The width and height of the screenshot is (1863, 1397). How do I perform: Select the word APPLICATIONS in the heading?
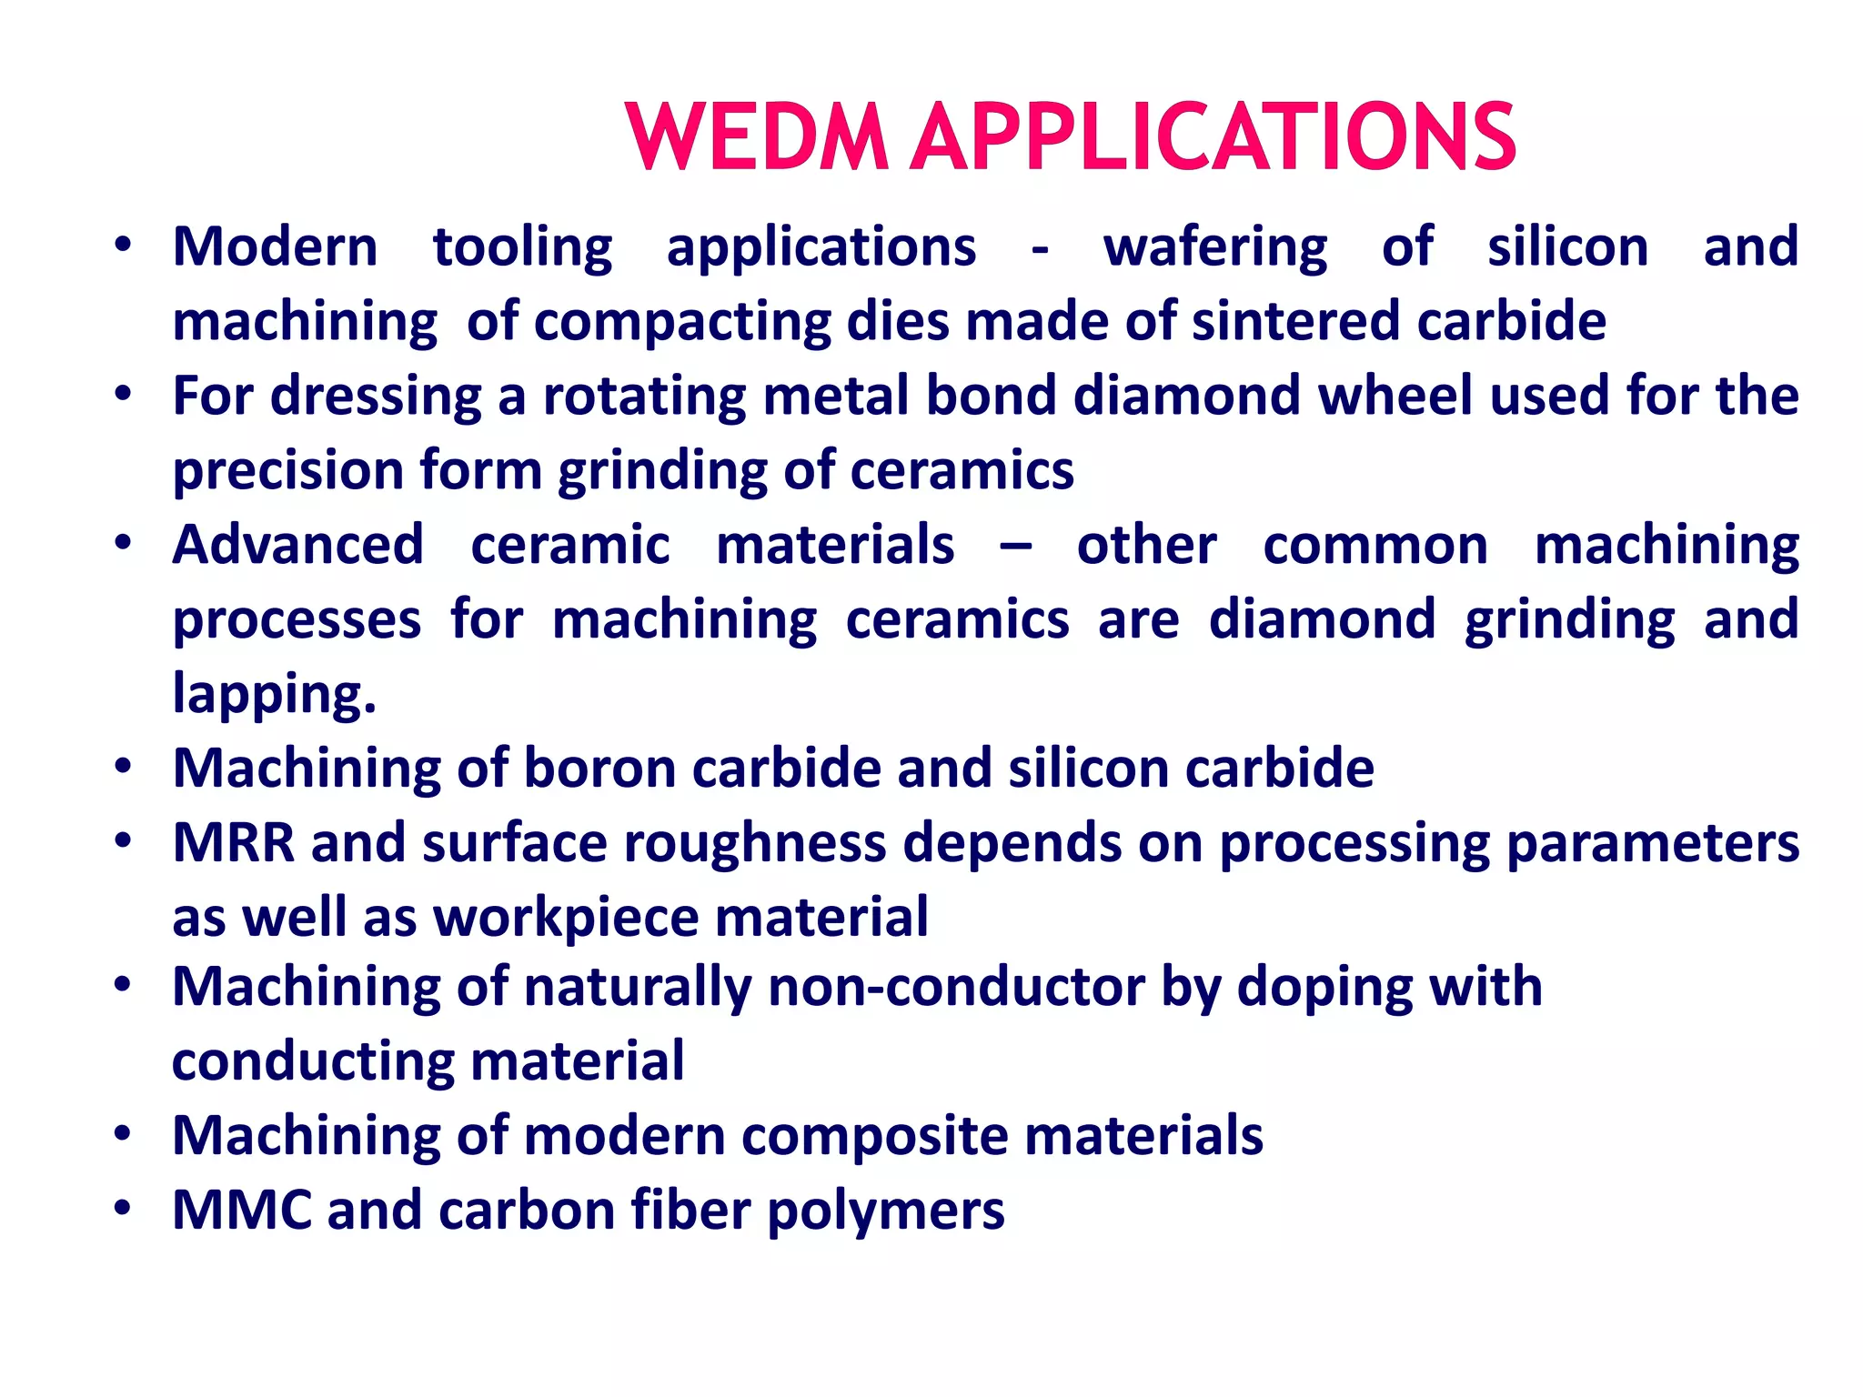tap(1213, 137)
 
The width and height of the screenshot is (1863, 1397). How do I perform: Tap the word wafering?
tap(1215, 248)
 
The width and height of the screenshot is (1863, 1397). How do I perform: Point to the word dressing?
tap(376, 397)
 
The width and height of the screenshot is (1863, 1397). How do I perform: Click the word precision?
tap(288, 471)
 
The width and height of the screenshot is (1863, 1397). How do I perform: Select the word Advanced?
tap(298, 545)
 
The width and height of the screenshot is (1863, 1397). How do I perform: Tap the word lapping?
tap(274, 695)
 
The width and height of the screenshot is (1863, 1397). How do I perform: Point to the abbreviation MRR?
tap(234, 843)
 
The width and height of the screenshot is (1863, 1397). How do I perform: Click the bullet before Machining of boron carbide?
tap(124, 766)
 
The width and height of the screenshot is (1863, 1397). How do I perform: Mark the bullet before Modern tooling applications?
tap(124, 245)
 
